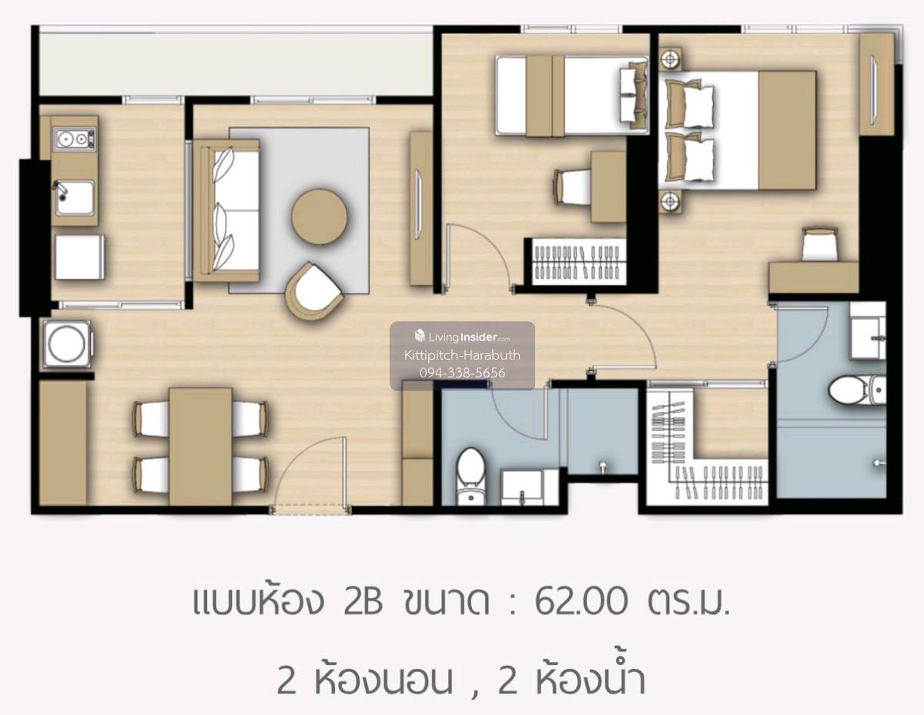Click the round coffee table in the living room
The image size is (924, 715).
(320, 216)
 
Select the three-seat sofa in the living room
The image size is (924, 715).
(226, 210)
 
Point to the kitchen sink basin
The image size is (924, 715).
(75, 198)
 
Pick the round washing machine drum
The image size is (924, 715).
(66, 344)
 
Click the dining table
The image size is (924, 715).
(201, 446)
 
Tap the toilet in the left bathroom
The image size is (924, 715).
(470, 476)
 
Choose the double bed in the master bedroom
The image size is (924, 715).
(738, 130)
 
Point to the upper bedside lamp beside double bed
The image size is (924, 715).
(671, 59)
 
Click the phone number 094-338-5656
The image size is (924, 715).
(462, 373)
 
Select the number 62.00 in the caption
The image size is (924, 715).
(581, 602)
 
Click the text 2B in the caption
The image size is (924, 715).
(363, 602)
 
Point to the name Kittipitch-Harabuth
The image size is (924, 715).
(462, 355)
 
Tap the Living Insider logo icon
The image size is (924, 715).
(420, 336)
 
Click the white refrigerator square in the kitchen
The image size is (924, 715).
(79, 257)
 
